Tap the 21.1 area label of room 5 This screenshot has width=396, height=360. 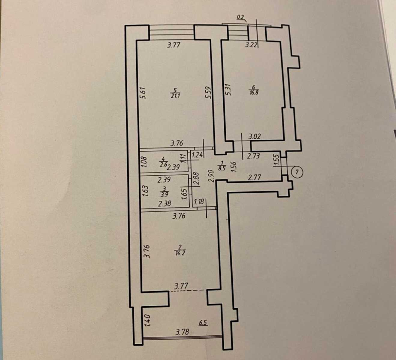[175, 96]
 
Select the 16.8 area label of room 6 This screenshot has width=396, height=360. [254, 93]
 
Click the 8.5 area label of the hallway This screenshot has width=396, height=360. [222, 169]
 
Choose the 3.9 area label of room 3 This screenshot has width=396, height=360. [165, 195]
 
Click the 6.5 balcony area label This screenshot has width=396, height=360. [203, 323]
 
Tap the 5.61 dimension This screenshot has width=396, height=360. [144, 93]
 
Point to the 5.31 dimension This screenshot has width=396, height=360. [228, 89]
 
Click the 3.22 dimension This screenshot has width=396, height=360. [251, 45]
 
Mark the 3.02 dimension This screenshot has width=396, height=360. [254, 136]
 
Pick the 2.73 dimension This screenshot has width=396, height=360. [254, 156]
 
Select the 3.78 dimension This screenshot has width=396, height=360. [183, 332]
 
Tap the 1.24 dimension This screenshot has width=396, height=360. [198, 155]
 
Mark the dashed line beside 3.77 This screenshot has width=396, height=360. [187, 291]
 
